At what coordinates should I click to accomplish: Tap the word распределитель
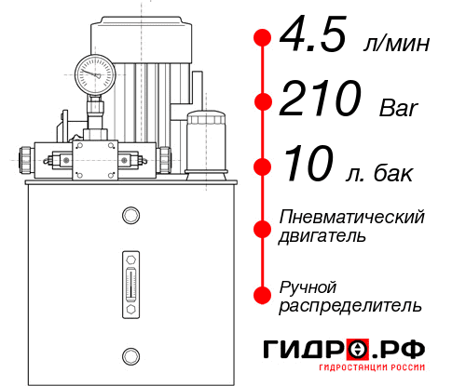(350, 305)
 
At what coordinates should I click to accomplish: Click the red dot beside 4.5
(262, 38)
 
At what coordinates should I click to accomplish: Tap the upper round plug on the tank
(130, 217)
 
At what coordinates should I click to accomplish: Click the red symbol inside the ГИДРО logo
(358, 350)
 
